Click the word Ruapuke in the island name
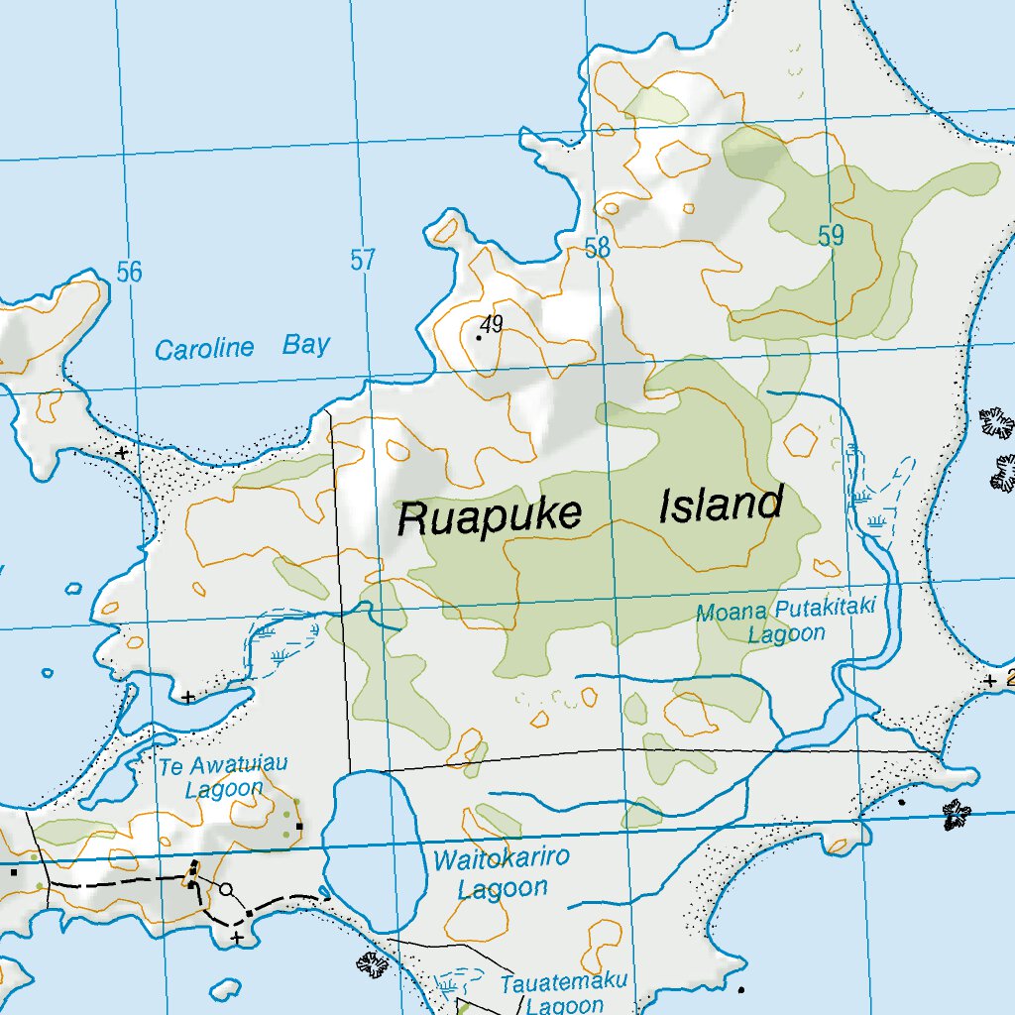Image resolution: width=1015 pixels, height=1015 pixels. tap(489, 516)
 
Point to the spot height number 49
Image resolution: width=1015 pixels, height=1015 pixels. tap(491, 323)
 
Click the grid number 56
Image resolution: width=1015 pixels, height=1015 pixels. tap(129, 272)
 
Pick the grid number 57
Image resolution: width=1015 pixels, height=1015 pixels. tap(363, 261)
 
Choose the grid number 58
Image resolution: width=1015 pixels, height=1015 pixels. tap(597, 248)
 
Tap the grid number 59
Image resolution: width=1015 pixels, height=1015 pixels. tap(831, 236)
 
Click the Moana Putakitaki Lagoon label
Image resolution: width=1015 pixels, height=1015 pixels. tap(786, 621)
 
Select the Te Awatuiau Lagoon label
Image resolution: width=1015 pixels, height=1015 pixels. tap(224, 776)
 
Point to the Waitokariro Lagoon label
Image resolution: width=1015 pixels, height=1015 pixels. tap(502, 872)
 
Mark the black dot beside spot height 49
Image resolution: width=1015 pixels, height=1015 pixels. tap(479, 337)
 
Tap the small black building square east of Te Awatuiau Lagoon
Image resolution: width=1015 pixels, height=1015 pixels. tap(298, 825)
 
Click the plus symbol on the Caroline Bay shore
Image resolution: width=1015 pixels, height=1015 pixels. tap(121, 452)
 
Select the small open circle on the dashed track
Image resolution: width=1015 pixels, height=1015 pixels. tap(226, 889)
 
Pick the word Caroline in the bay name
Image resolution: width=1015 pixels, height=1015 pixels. tap(204, 350)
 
